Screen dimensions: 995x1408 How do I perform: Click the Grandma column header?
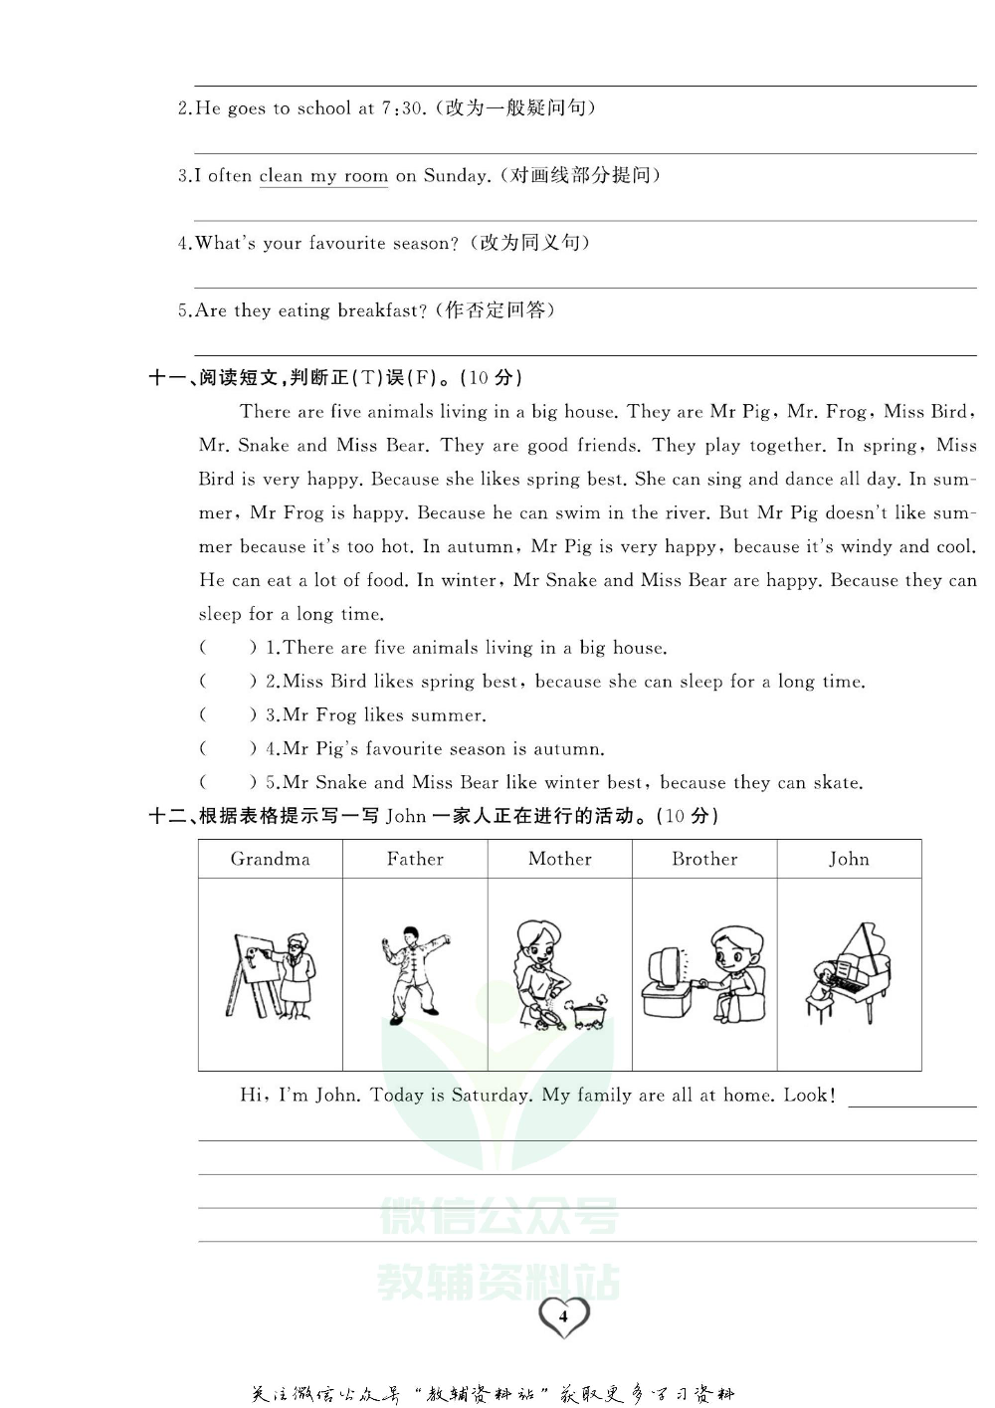pos(270,860)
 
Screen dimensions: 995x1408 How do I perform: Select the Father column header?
pos(415,860)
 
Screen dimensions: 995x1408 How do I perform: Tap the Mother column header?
pos(559,860)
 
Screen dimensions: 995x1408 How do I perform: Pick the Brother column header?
pos(704,860)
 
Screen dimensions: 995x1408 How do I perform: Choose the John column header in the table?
pos(849,860)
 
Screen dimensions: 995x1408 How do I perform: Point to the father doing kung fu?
pos(414,974)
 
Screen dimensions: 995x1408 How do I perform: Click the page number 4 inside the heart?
pos(563,1316)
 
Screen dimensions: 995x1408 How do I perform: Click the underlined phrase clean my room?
pos(323,176)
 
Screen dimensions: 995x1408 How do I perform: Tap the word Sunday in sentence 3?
pos(457,176)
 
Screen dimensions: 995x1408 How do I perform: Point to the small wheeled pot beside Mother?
pos(588,1012)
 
